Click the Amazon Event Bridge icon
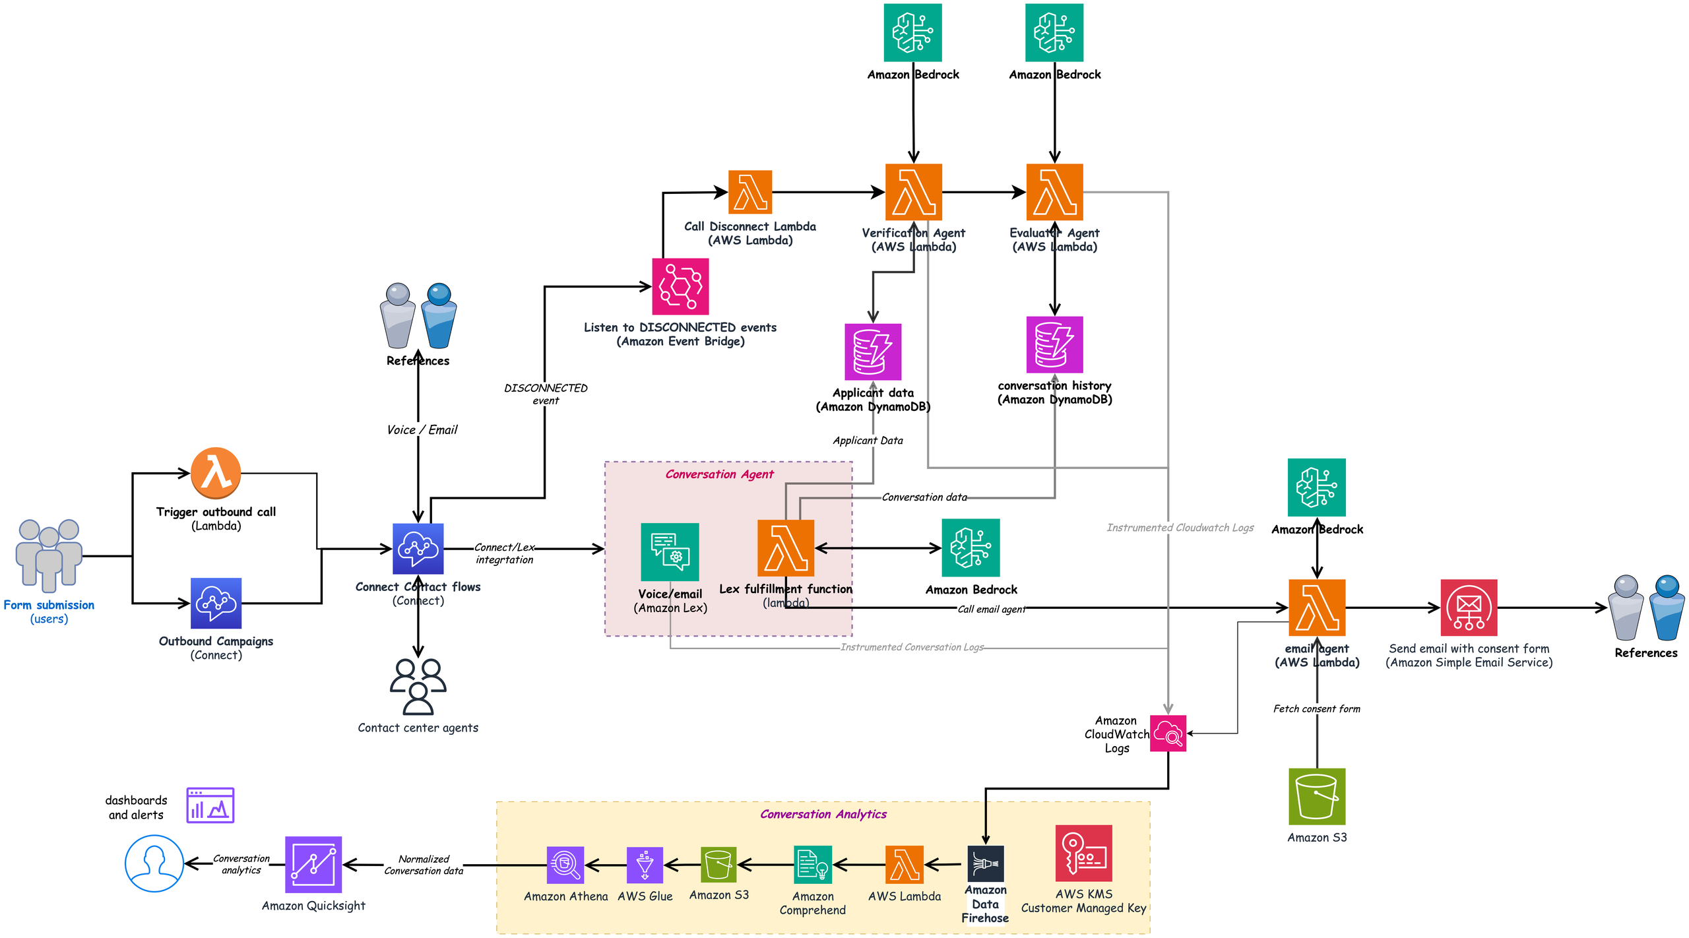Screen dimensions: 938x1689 (680, 286)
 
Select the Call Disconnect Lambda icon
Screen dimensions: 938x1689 (749, 192)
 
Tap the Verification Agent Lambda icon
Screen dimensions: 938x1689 (913, 192)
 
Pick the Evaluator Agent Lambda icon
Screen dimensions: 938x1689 (1054, 192)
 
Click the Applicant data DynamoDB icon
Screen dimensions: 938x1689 (873, 352)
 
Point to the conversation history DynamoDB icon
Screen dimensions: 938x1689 (1054, 344)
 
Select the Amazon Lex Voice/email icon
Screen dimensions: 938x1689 (670, 552)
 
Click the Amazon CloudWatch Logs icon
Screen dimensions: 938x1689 (1168, 733)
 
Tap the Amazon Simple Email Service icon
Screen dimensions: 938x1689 (1469, 608)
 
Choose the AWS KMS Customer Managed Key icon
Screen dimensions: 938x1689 (1083, 853)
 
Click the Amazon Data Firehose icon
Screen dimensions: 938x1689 (985, 863)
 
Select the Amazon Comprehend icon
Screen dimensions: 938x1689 (812, 864)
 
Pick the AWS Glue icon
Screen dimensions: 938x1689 (645, 865)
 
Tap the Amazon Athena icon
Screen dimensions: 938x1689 (565, 865)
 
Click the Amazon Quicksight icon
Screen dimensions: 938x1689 (313, 865)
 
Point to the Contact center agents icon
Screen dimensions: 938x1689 (418, 687)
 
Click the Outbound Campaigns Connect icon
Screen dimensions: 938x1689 (216, 603)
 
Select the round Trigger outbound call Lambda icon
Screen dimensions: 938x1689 (216, 473)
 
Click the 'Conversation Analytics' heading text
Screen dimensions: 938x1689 (823, 814)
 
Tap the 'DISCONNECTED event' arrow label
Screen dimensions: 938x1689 (546, 394)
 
